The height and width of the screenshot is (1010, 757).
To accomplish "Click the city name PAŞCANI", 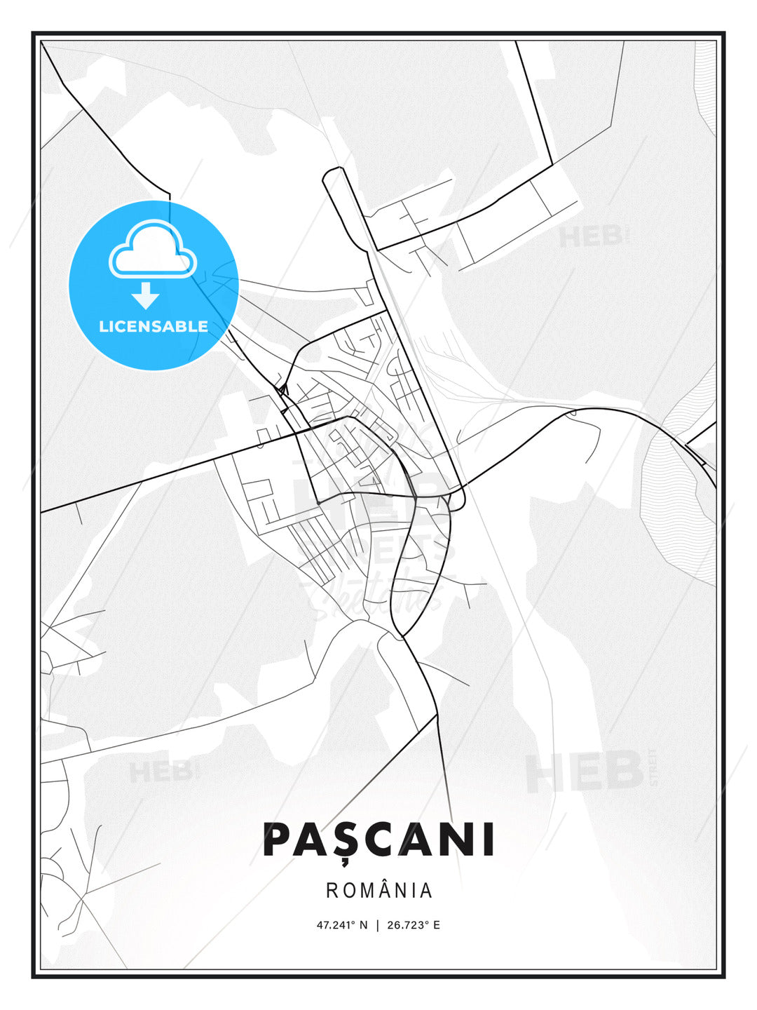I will coord(378,840).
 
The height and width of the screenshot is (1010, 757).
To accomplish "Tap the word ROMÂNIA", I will coord(379,890).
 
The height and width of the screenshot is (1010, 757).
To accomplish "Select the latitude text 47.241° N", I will coord(342,924).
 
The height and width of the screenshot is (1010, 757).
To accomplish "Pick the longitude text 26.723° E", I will coord(414,924).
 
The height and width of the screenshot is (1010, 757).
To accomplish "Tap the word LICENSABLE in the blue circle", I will coord(154,326).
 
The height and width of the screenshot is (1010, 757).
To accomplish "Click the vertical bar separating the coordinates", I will coord(378,924).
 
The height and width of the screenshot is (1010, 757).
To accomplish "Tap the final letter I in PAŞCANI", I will coord(489,840).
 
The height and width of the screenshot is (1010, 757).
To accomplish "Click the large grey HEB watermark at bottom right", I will coord(585,772).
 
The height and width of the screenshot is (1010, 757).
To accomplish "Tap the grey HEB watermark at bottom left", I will coord(160,772).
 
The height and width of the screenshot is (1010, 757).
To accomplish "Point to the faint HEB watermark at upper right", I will coord(590,236).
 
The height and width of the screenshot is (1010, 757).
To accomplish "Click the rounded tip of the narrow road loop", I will coord(333,171).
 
